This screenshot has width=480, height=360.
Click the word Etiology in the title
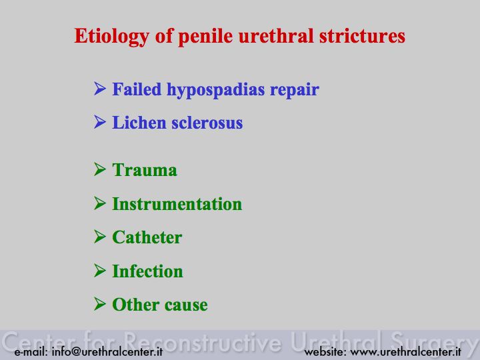click(x=112, y=37)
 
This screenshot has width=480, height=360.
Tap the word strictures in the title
click(x=362, y=35)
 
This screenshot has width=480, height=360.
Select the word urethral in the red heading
click(x=276, y=35)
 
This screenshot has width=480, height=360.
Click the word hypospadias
click(x=215, y=90)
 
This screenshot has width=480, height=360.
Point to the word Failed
click(x=137, y=89)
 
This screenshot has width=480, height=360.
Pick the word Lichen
click(x=139, y=123)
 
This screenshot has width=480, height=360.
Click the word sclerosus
click(x=207, y=123)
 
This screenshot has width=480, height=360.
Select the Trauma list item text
click(x=145, y=170)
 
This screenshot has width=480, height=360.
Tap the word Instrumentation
click(x=177, y=203)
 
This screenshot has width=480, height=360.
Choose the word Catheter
click(x=147, y=237)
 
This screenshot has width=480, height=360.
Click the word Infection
click(x=147, y=271)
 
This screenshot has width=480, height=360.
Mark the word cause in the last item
click(x=186, y=305)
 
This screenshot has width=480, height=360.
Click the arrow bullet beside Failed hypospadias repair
click(x=100, y=89)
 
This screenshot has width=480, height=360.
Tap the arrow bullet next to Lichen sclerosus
click(x=100, y=122)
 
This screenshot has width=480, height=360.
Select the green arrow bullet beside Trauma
click(x=100, y=169)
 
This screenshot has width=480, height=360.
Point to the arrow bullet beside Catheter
click(x=100, y=237)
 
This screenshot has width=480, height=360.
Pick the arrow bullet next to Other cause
click(x=100, y=304)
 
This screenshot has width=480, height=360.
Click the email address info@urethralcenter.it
click(x=107, y=351)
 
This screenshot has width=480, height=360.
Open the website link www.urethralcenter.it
click(x=405, y=351)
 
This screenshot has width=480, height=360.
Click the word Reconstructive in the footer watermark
click(x=203, y=341)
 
